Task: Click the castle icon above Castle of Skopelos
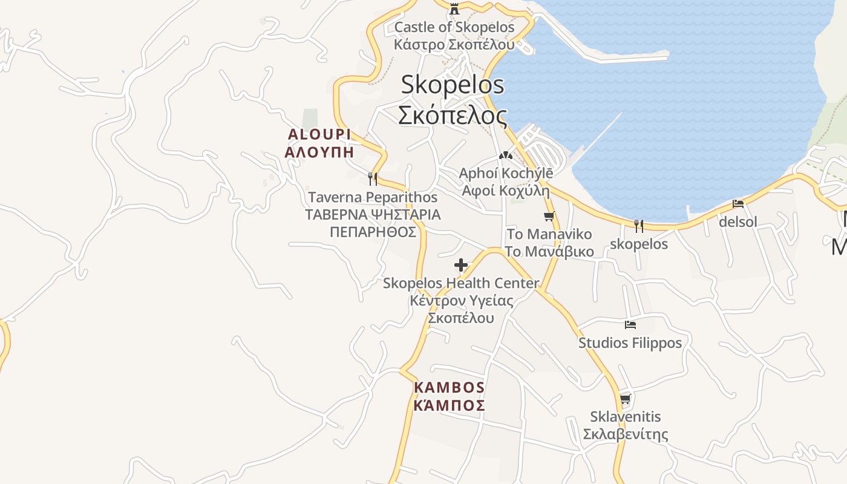[454, 9]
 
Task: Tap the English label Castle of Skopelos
[454, 27]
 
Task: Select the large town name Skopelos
[453, 85]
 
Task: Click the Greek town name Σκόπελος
[453, 114]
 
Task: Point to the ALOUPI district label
[319, 134]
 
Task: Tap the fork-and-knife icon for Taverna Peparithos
[373, 178]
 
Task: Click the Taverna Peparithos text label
[373, 197]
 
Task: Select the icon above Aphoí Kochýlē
[506, 155]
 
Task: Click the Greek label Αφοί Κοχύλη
[506, 191]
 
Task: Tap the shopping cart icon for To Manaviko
[549, 216]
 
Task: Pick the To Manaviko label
[549, 234]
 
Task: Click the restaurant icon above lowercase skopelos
[639, 226]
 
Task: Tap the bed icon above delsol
[738, 204]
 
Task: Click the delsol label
[738, 222]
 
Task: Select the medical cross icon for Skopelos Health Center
[461, 265]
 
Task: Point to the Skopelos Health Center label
[461, 283]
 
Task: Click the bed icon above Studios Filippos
[630, 325]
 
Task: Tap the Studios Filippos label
[630, 343]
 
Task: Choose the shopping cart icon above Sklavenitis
[626, 399]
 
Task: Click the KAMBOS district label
[450, 387]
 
